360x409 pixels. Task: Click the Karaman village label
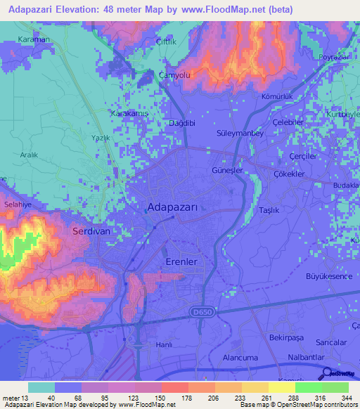click(x=34, y=39)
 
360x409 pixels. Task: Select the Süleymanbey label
click(x=240, y=134)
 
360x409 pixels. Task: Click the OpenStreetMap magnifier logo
click(x=326, y=373)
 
